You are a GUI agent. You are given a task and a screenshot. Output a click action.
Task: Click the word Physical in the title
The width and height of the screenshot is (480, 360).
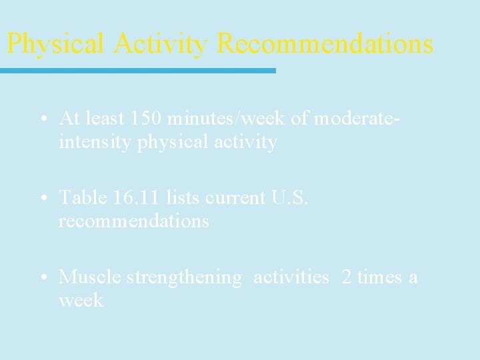point(55,44)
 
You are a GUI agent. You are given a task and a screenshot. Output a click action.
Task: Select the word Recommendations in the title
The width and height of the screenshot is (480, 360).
point(325,44)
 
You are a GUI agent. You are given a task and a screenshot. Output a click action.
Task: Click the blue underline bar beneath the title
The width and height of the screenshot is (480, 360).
point(137,70)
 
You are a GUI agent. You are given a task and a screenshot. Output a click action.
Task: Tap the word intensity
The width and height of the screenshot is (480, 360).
point(95,142)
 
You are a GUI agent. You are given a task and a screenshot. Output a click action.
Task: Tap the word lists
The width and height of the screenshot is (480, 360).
point(182,197)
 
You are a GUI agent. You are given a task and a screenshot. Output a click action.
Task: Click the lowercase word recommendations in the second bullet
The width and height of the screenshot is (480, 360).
point(133,221)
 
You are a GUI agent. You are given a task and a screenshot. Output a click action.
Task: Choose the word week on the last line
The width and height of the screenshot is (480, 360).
point(81,300)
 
